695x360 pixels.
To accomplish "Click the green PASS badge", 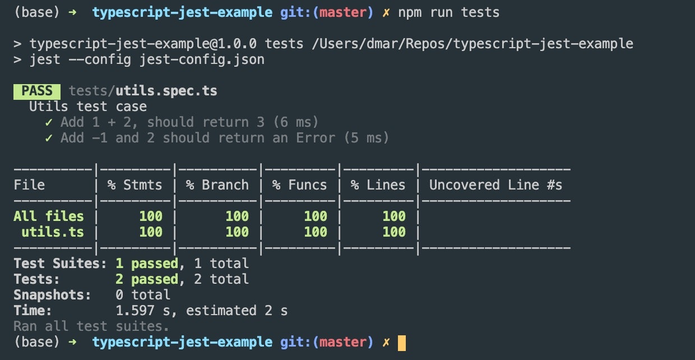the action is point(37,91).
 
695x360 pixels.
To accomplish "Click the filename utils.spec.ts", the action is point(166,91).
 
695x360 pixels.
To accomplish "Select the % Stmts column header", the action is point(135,185).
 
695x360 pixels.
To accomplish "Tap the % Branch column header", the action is point(217,185).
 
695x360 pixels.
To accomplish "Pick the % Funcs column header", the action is point(300,185).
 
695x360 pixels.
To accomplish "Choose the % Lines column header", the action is point(378,185).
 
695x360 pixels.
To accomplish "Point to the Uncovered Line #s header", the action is point(495,185).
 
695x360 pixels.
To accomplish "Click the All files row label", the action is point(49,216).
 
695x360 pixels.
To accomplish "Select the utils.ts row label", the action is point(53,232).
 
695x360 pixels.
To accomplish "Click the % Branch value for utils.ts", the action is point(237,232).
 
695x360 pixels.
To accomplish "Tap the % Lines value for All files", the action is point(394,216).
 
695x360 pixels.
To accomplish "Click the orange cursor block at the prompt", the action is point(402,343).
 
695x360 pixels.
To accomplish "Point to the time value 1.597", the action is point(135,311).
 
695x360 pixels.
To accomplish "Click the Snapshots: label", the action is point(52,295).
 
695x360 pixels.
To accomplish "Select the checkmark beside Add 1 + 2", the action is point(49,123).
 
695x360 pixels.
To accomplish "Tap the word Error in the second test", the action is point(316,138).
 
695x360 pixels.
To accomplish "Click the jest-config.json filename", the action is point(202,59).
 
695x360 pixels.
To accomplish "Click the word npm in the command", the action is point(410,13).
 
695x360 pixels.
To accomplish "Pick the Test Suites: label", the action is point(60,264).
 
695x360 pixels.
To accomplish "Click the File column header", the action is point(29,185).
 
